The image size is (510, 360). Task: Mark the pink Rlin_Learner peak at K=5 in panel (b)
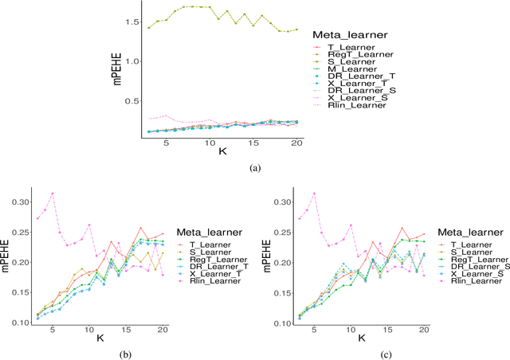tap(53, 193)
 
